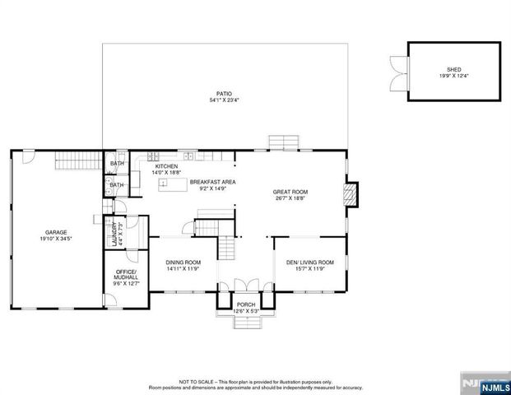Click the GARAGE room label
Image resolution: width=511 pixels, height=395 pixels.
(x=55, y=232)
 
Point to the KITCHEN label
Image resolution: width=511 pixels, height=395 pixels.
(x=166, y=166)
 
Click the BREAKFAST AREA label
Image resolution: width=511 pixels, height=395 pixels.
(x=213, y=181)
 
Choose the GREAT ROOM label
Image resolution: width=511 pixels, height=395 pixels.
(x=290, y=192)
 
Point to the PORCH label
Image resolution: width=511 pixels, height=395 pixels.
(x=247, y=304)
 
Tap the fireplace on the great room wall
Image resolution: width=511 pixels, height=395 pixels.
(x=351, y=194)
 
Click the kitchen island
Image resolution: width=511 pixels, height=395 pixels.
(x=174, y=193)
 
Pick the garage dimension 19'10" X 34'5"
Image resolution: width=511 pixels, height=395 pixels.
(x=55, y=239)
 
